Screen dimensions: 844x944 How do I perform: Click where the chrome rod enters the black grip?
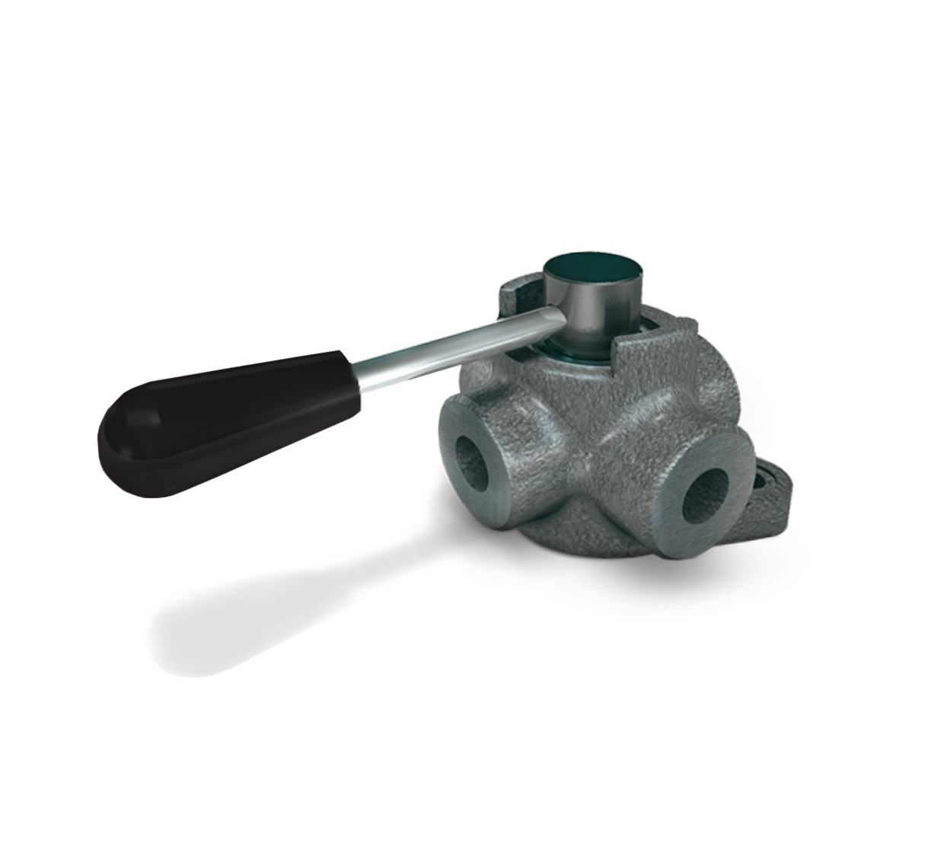[x=352, y=372]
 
